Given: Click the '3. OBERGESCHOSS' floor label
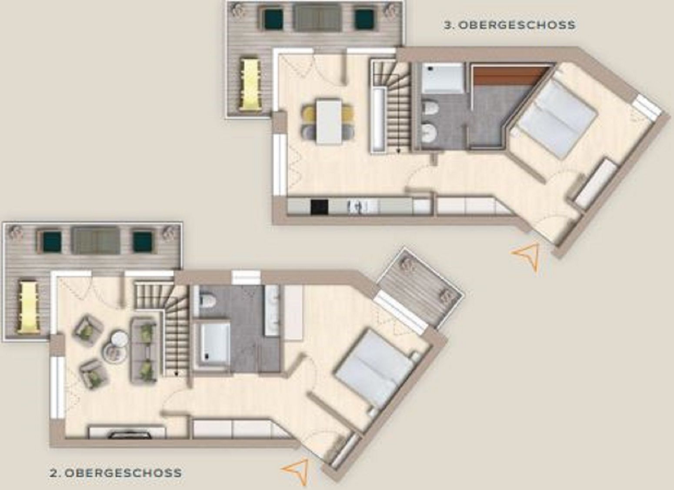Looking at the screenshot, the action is click(510, 25).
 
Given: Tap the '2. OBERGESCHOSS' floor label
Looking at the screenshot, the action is click(116, 473).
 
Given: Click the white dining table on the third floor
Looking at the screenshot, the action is click(329, 121).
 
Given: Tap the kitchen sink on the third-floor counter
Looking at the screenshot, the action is click(356, 207).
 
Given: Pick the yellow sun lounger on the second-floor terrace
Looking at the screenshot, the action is click(29, 307).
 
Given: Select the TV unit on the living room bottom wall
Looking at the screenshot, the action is click(127, 432).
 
